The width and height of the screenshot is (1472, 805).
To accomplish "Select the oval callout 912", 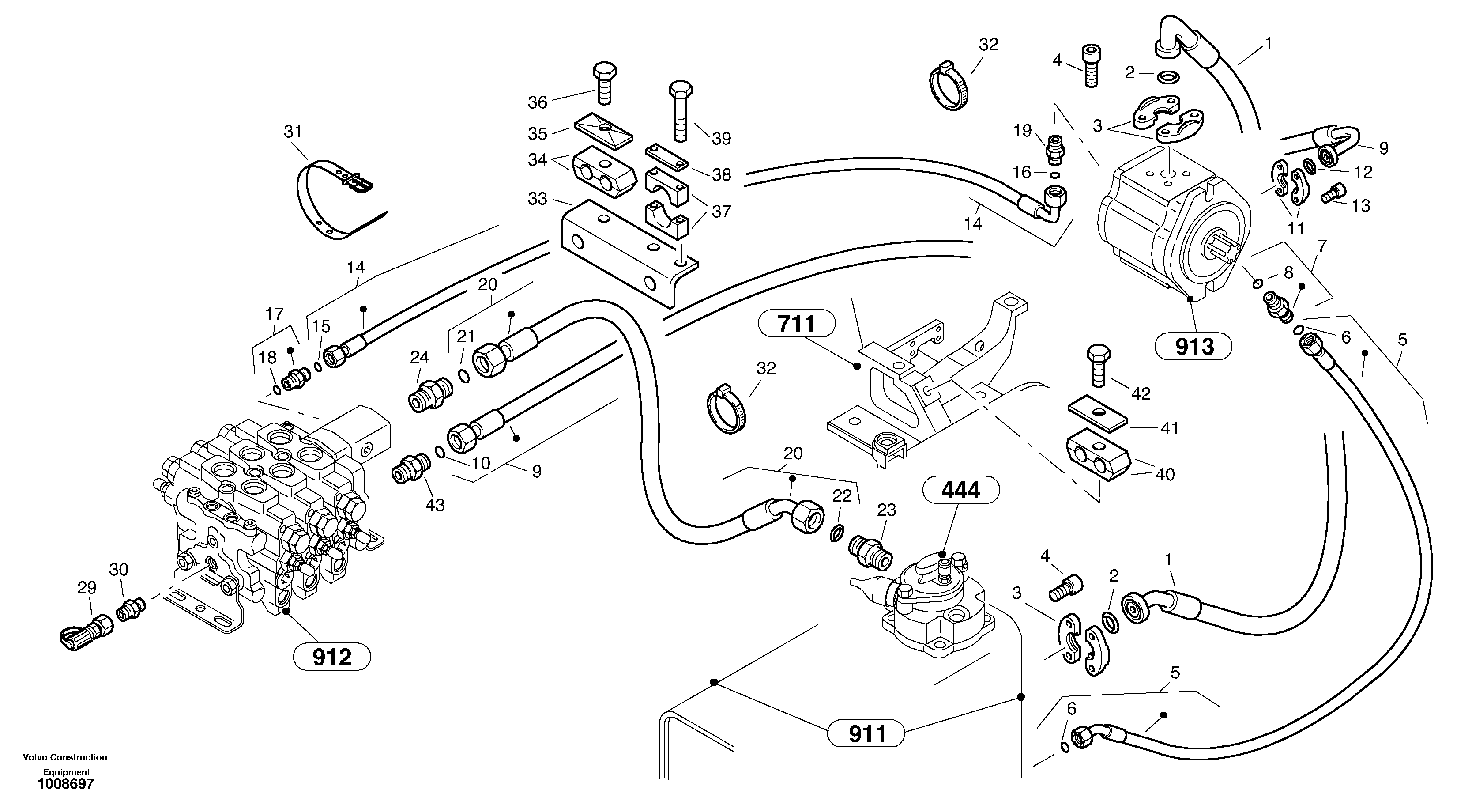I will pos(331,657).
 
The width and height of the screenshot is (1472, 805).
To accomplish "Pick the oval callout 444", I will pos(960,490).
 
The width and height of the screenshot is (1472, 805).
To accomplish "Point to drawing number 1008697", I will pos(65,784).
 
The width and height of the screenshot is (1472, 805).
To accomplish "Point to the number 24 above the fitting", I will pos(419,357).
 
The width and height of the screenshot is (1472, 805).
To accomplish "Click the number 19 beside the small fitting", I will pos(1022,131).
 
